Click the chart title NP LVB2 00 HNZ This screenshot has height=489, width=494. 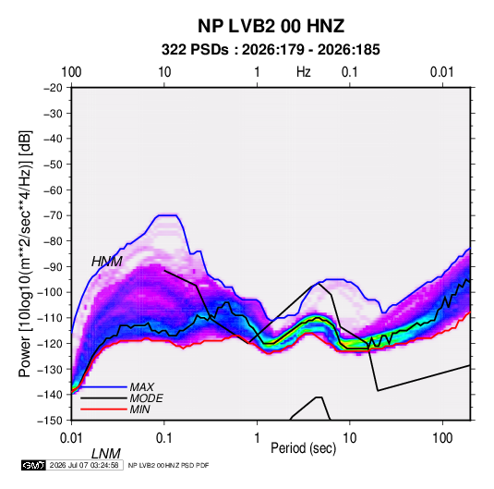[x=271, y=26]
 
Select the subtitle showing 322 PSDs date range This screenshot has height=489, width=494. [x=271, y=50]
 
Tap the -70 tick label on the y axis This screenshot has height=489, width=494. [x=53, y=215]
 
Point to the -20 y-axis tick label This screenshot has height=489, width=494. [x=53, y=88]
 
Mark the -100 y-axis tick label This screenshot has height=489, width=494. [x=50, y=292]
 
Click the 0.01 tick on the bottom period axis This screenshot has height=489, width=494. [x=71, y=438]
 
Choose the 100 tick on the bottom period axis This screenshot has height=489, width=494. [x=442, y=438]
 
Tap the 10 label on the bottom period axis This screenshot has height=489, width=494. [x=350, y=438]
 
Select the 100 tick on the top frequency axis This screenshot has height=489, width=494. [x=71, y=72]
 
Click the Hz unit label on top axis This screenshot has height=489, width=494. [x=304, y=72]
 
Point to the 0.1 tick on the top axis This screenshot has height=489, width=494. [x=350, y=72]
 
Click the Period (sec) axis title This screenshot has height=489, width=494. [x=304, y=448]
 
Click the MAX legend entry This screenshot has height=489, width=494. [x=142, y=387]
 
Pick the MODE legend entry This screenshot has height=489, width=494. [x=146, y=398]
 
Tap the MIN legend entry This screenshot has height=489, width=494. [x=139, y=410]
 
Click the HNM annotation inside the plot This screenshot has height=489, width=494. [x=107, y=262]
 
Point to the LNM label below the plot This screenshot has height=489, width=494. [x=106, y=454]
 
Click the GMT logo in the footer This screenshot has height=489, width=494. [x=33, y=465]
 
